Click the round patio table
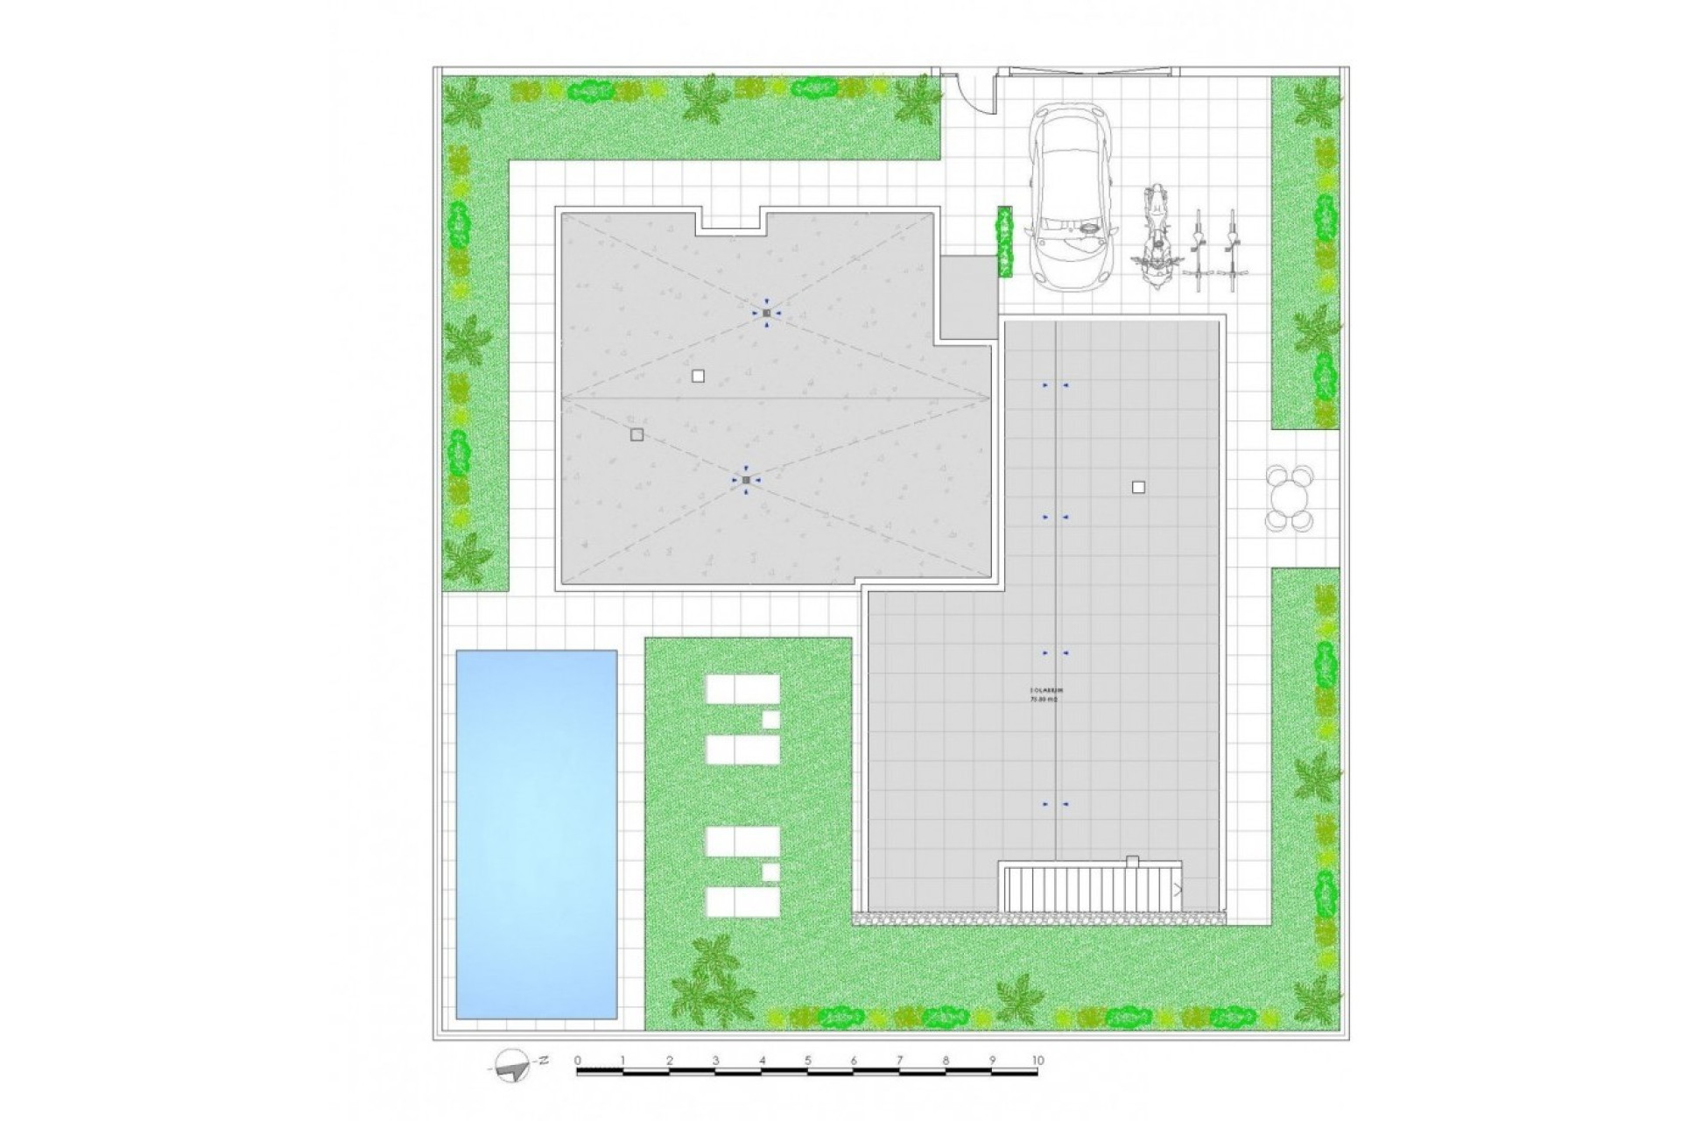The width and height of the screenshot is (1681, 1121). pyautogui.click(x=1290, y=498)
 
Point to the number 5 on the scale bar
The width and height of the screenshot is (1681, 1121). pyautogui.click(x=807, y=1061)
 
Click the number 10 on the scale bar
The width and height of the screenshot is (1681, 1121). pyautogui.click(x=1037, y=1061)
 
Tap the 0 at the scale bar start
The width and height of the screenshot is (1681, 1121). pyautogui.click(x=578, y=1061)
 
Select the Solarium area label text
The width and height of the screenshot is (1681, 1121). pyautogui.click(x=1044, y=694)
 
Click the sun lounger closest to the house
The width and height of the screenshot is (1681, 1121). pyautogui.click(x=742, y=688)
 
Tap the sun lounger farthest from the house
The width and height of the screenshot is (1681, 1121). pyautogui.click(x=742, y=900)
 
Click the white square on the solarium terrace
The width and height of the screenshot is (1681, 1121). pyautogui.click(x=1138, y=488)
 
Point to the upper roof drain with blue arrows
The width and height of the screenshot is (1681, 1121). pyautogui.click(x=766, y=313)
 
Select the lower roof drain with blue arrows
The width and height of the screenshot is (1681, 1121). pyautogui.click(x=745, y=480)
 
